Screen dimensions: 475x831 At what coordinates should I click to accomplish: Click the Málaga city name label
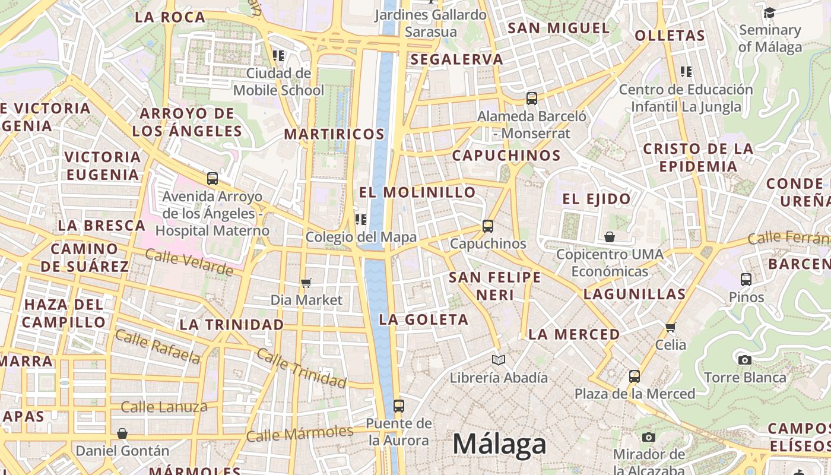click(499, 444)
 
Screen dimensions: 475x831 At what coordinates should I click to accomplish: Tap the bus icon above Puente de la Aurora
click(399, 406)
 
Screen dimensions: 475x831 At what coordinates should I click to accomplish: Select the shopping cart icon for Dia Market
click(306, 283)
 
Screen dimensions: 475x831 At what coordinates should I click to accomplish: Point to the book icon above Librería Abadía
click(499, 360)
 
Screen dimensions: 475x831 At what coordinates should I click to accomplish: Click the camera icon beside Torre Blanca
click(744, 360)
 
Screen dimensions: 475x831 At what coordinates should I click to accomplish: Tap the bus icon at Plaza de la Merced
click(635, 376)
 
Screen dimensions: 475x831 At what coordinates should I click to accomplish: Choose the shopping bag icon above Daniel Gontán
click(122, 433)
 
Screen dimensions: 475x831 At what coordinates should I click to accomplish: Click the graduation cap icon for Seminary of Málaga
click(769, 12)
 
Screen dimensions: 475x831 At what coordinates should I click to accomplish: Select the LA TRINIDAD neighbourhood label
click(231, 325)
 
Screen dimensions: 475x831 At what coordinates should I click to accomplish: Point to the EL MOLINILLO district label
click(417, 192)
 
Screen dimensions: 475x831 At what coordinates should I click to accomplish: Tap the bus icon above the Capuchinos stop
click(488, 226)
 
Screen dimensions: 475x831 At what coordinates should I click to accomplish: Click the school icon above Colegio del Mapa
click(360, 220)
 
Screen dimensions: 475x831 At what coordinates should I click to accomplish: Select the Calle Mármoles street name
click(299, 434)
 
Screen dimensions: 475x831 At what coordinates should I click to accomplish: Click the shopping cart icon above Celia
click(671, 327)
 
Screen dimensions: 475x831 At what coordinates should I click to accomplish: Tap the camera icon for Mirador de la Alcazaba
click(649, 438)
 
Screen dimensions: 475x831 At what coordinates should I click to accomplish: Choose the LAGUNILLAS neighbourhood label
click(635, 294)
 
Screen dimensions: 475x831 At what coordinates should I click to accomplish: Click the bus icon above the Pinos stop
click(746, 279)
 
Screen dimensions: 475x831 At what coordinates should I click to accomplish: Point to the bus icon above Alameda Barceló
click(532, 99)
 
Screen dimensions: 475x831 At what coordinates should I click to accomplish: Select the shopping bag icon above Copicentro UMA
click(609, 237)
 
